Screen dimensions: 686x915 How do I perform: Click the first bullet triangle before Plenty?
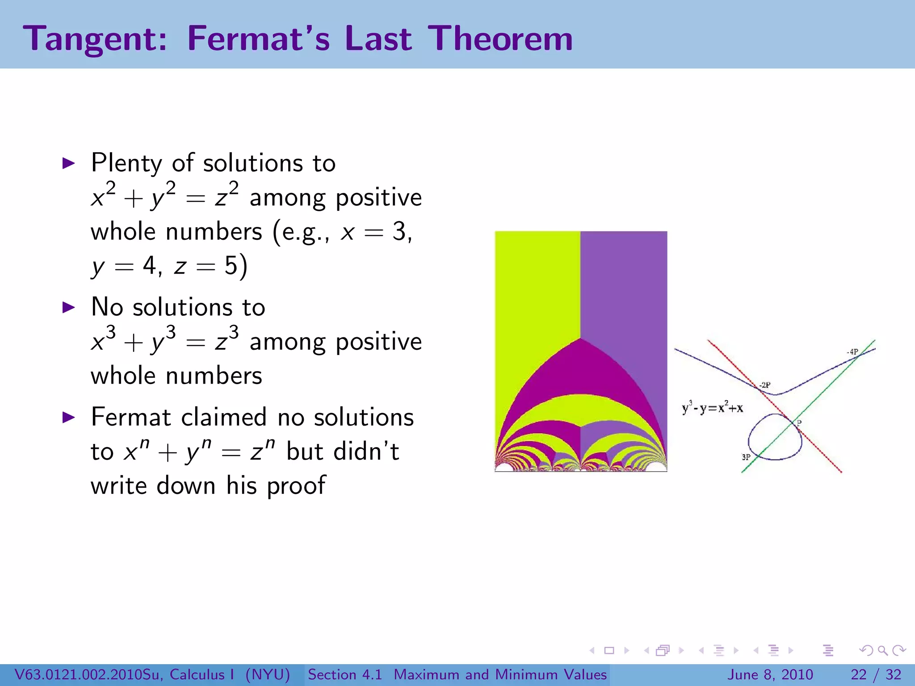pyautogui.click(x=68, y=163)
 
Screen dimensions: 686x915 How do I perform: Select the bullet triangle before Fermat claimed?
pyautogui.click(x=68, y=417)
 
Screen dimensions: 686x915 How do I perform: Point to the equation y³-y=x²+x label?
pyautogui.click(x=712, y=407)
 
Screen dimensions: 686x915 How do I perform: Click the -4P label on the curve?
pyautogui.click(x=852, y=352)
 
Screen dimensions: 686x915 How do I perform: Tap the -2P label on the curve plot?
pyautogui.click(x=764, y=385)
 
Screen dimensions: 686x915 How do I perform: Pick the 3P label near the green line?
pyautogui.click(x=746, y=457)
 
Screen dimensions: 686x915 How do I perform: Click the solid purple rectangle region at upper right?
pyautogui.click(x=624, y=281)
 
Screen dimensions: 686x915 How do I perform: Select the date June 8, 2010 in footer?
pyautogui.click(x=770, y=674)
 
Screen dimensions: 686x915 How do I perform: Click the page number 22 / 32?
pyautogui.click(x=876, y=674)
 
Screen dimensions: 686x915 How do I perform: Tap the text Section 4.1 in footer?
pyautogui.click(x=345, y=674)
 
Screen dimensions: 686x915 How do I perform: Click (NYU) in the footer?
pyautogui.click(x=267, y=674)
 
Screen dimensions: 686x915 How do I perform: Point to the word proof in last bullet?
pyautogui.click(x=296, y=485)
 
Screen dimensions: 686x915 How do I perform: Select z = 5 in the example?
pyautogui.click(x=206, y=267)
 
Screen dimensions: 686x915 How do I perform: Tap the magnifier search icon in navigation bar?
pyautogui.click(x=882, y=650)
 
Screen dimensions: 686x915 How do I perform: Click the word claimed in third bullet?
pyautogui.click(x=225, y=418)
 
